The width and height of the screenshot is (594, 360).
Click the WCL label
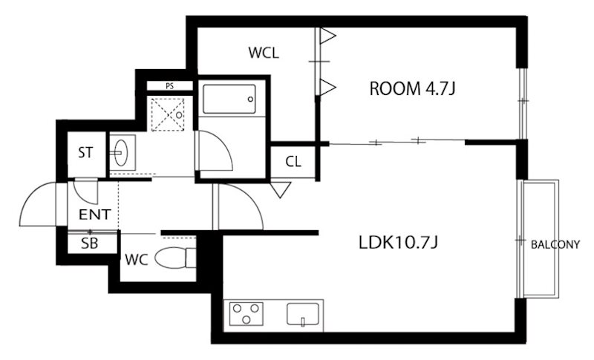coord(264,53)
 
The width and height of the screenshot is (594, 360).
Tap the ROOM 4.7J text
coord(412,89)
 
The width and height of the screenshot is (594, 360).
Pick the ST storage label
coord(85,154)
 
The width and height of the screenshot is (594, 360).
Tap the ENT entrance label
coord(94,215)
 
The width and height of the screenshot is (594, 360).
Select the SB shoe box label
coord(88,243)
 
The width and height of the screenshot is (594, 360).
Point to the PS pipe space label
coord(169,85)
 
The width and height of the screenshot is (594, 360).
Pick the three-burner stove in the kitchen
coord(247,314)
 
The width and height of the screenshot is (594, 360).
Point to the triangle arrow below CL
coord(280,190)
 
